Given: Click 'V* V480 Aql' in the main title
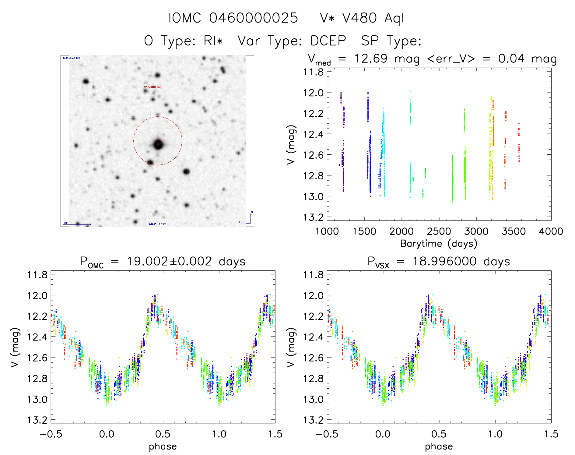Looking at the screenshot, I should pyautogui.click(x=362, y=18).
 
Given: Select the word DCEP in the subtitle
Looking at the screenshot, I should pyautogui.click(x=328, y=41).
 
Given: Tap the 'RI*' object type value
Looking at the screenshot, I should pyautogui.click(x=213, y=41).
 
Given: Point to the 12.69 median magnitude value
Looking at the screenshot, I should pyautogui.click(x=371, y=58).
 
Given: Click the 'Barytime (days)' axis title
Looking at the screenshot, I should pyautogui.click(x=439, y=244).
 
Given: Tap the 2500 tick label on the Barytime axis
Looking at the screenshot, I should pyautogui.click(x=439, y=231).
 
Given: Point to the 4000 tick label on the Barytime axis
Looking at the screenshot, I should pyautogui.click(x=551, y=231).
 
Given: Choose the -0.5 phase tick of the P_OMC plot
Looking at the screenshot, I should pyautogui.click(x=51, y=434).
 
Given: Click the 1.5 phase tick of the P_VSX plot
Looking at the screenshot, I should pyautogui.click(x=551, y=434).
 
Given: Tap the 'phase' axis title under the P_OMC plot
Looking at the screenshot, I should pyautogui.click(x=163, y=446).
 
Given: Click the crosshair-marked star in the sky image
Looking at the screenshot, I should pyautogui.click(x=158, y=144).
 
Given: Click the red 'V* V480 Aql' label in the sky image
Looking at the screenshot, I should pyautogui.click(x=153, y=87).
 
